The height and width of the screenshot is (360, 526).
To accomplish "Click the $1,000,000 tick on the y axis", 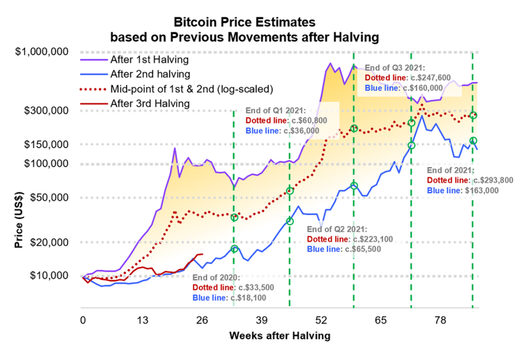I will coord(44,51).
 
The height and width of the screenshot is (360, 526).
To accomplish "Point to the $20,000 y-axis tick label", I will coord(49,242).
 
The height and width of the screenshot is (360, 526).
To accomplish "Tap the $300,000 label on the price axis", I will coord(47,110).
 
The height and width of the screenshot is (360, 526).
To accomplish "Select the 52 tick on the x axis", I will coord(321,321).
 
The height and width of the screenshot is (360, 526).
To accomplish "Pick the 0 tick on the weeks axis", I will coord(83,321).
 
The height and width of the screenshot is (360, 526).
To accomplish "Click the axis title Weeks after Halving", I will coord(279,336).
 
